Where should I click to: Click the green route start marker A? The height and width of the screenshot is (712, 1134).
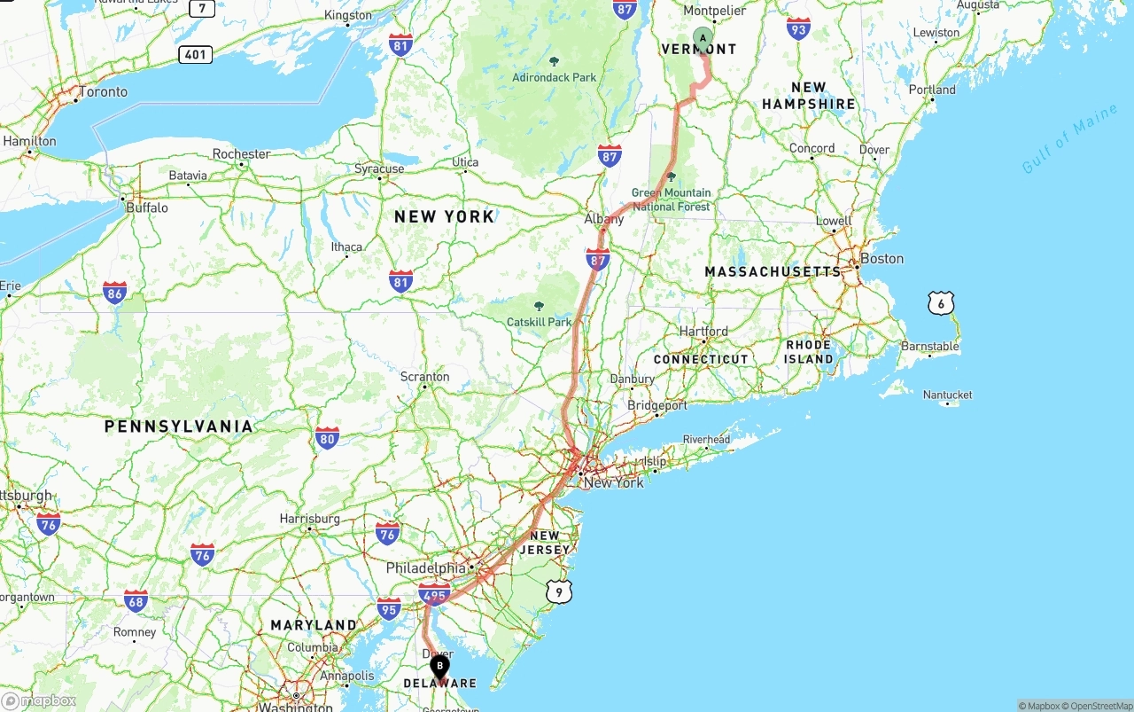click(703, 39)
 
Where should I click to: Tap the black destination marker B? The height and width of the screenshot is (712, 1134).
click(439, 667)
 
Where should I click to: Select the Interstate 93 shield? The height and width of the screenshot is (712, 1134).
click(798, 28)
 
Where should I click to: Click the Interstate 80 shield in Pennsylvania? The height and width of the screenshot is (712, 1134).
click(327, 437)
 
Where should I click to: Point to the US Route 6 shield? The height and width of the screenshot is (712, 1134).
click(941, 303)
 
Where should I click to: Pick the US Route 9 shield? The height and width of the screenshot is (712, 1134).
click(558, 591)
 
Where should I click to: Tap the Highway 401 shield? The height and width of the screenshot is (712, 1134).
click(195, 55)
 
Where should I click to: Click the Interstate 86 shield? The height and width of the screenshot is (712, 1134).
click(114, 292)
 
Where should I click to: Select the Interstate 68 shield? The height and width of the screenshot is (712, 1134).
click(136, 601)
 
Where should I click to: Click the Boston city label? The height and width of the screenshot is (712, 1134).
click(882, 259)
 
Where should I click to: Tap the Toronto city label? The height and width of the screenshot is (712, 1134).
click(103, 92)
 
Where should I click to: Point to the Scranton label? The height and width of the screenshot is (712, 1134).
click(424, 377)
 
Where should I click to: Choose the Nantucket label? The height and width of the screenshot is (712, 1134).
click(947, 395)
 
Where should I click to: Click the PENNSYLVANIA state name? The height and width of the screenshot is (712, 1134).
click(178, 426)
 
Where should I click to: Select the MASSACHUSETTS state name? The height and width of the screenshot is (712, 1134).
click(773, 271)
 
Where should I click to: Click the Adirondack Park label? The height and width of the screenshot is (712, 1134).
click(555, 77)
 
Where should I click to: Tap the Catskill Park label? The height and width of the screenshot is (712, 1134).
click(539, 322)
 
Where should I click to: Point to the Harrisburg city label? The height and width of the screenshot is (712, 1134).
click(309, 519)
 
